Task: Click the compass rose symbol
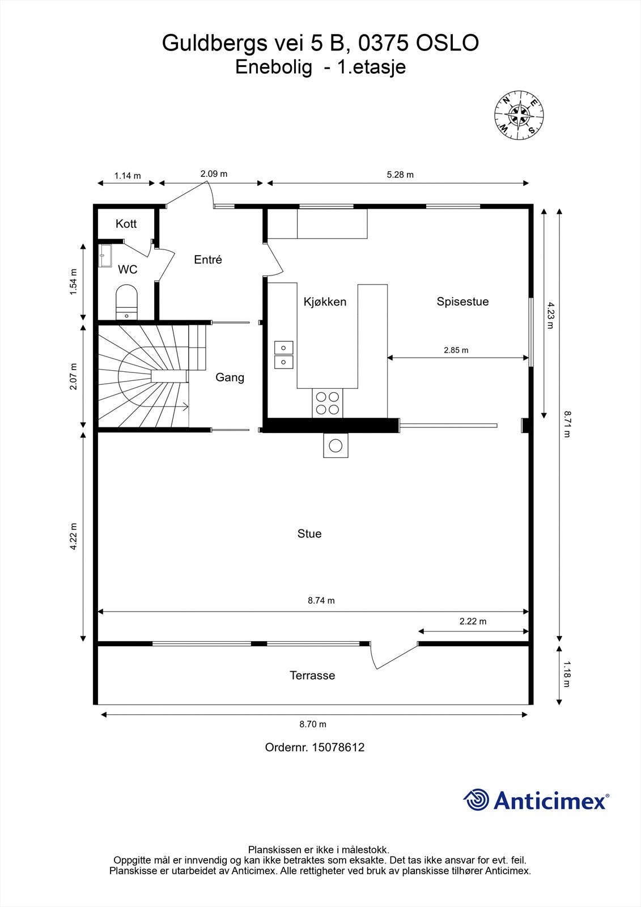pos(519,116)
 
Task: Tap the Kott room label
pos(126,223)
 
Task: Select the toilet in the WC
pos(126,302)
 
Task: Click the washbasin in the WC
pos(105,256)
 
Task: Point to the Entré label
pos(208,260)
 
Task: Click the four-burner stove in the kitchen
pos(327,403)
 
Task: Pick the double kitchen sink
pos(283,355)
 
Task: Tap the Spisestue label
pos(462,301)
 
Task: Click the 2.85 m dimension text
pos(456,350)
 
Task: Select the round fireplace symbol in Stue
pos(336,446)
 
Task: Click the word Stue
pos(309,533)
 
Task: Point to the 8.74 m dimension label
pos(321,600)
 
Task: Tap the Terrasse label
pos(312,675)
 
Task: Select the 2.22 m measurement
pos(473,621)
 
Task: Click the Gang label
pos(230,378)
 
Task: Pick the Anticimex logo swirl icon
pos(476,800)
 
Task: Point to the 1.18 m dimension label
pos(567,674)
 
